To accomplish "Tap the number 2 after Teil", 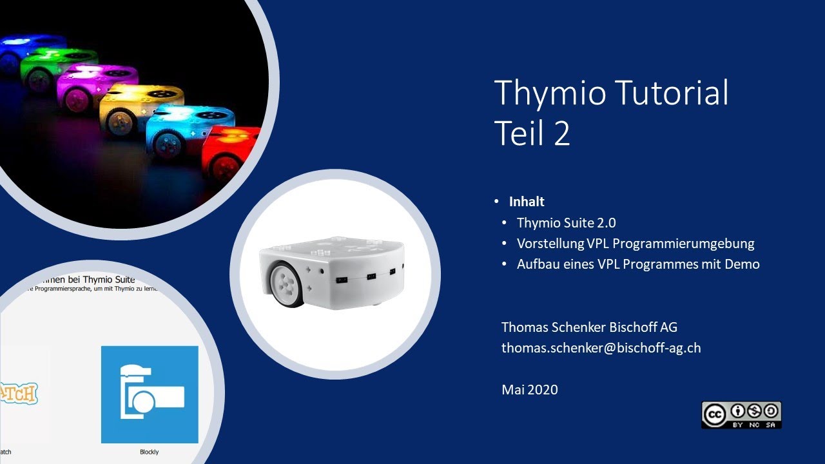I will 561,133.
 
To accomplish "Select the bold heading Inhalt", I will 527,202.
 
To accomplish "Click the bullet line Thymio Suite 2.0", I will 566,223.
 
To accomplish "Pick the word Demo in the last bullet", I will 741,264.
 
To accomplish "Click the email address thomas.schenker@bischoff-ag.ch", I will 601,348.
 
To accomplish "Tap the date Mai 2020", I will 530,389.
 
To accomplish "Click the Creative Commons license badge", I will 741,414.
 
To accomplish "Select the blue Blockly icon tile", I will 150,394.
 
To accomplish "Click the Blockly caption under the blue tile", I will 149,452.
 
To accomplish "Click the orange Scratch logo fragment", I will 18,393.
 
